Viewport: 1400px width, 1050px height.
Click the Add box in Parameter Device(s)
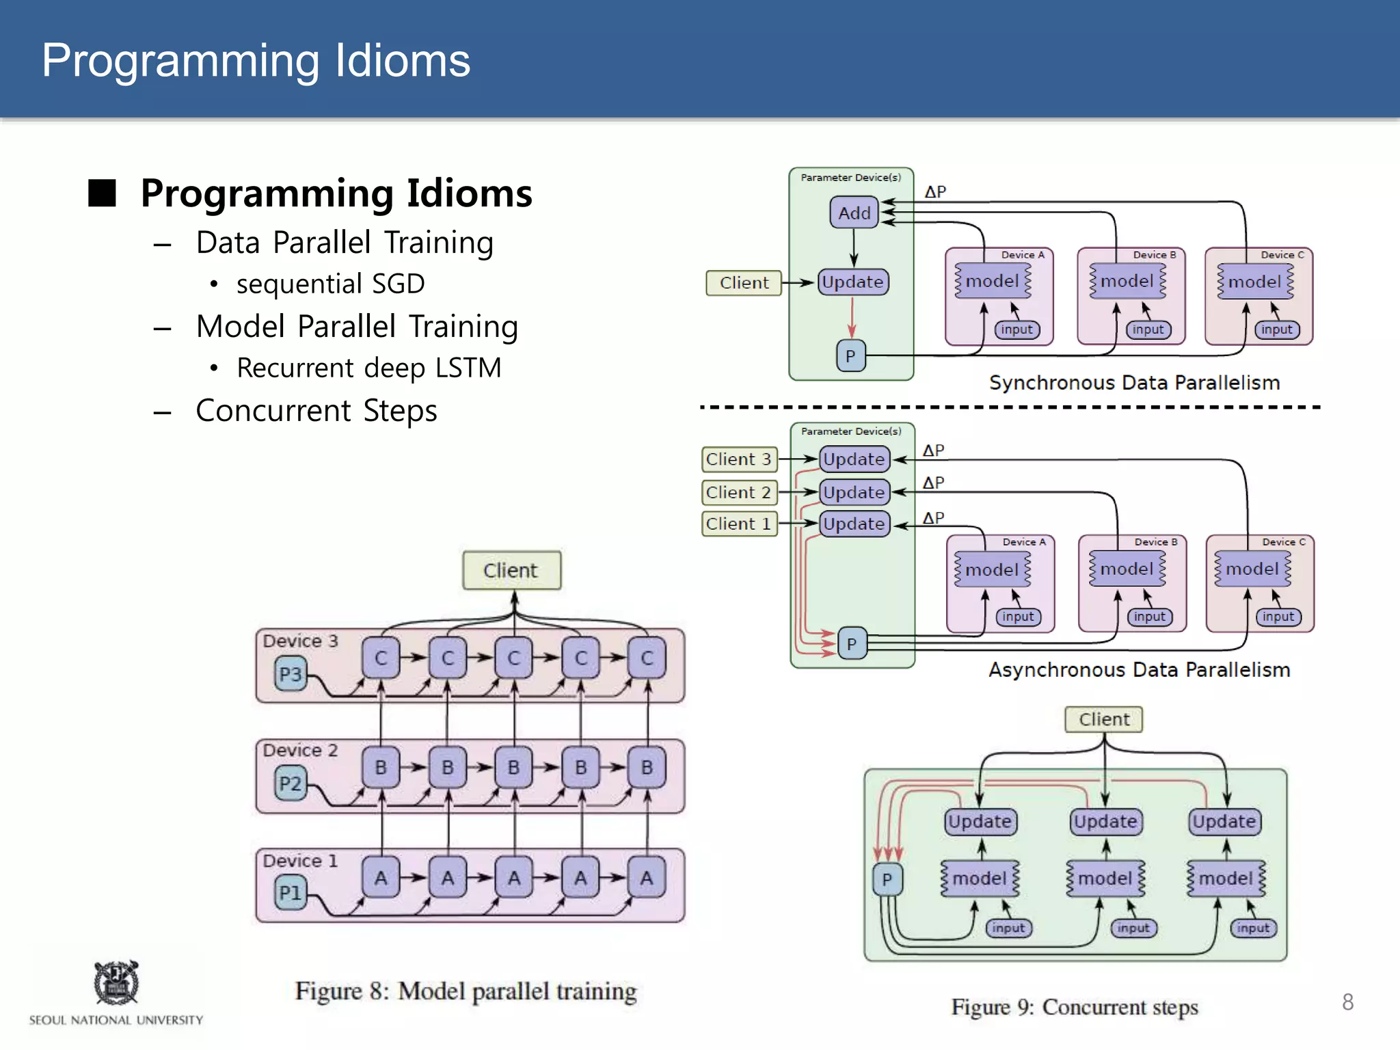click(x=854, y=213)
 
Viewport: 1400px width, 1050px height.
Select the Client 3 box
click(x=739, y=459)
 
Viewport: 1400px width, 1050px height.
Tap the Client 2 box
click(x=739, y=492)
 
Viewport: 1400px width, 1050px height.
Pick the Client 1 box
click(x=739, y=524)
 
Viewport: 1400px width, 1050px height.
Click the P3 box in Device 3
click(x=291, y=674)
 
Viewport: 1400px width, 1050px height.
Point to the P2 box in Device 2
click(x=291, y=783)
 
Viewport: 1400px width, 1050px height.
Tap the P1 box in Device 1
click(x=291, y=893)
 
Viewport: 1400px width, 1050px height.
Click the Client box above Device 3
click(x=511, y=570)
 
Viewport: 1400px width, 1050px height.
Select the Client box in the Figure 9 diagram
click(x=1103, y=719)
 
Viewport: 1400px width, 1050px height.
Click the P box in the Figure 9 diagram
click(x=887, y=879)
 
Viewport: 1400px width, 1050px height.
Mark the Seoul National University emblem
click(x=116, y=982)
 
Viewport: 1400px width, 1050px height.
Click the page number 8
click(x=1347, y=1001)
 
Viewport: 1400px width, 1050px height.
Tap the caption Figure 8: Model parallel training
click(x=466, y=991)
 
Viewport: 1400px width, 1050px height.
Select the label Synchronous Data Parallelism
click(x=1134, y=383)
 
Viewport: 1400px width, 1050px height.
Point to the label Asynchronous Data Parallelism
click(x=1139, y=670)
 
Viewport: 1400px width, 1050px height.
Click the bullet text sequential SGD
click(x=330, y=284)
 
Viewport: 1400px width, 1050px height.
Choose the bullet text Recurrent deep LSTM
click(x=368, y=368)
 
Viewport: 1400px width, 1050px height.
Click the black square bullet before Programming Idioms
click(x=103, y=193)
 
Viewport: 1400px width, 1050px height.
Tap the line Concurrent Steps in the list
click(x=316, y=411)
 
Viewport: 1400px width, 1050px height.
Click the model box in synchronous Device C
click(x=1255, y=282)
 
